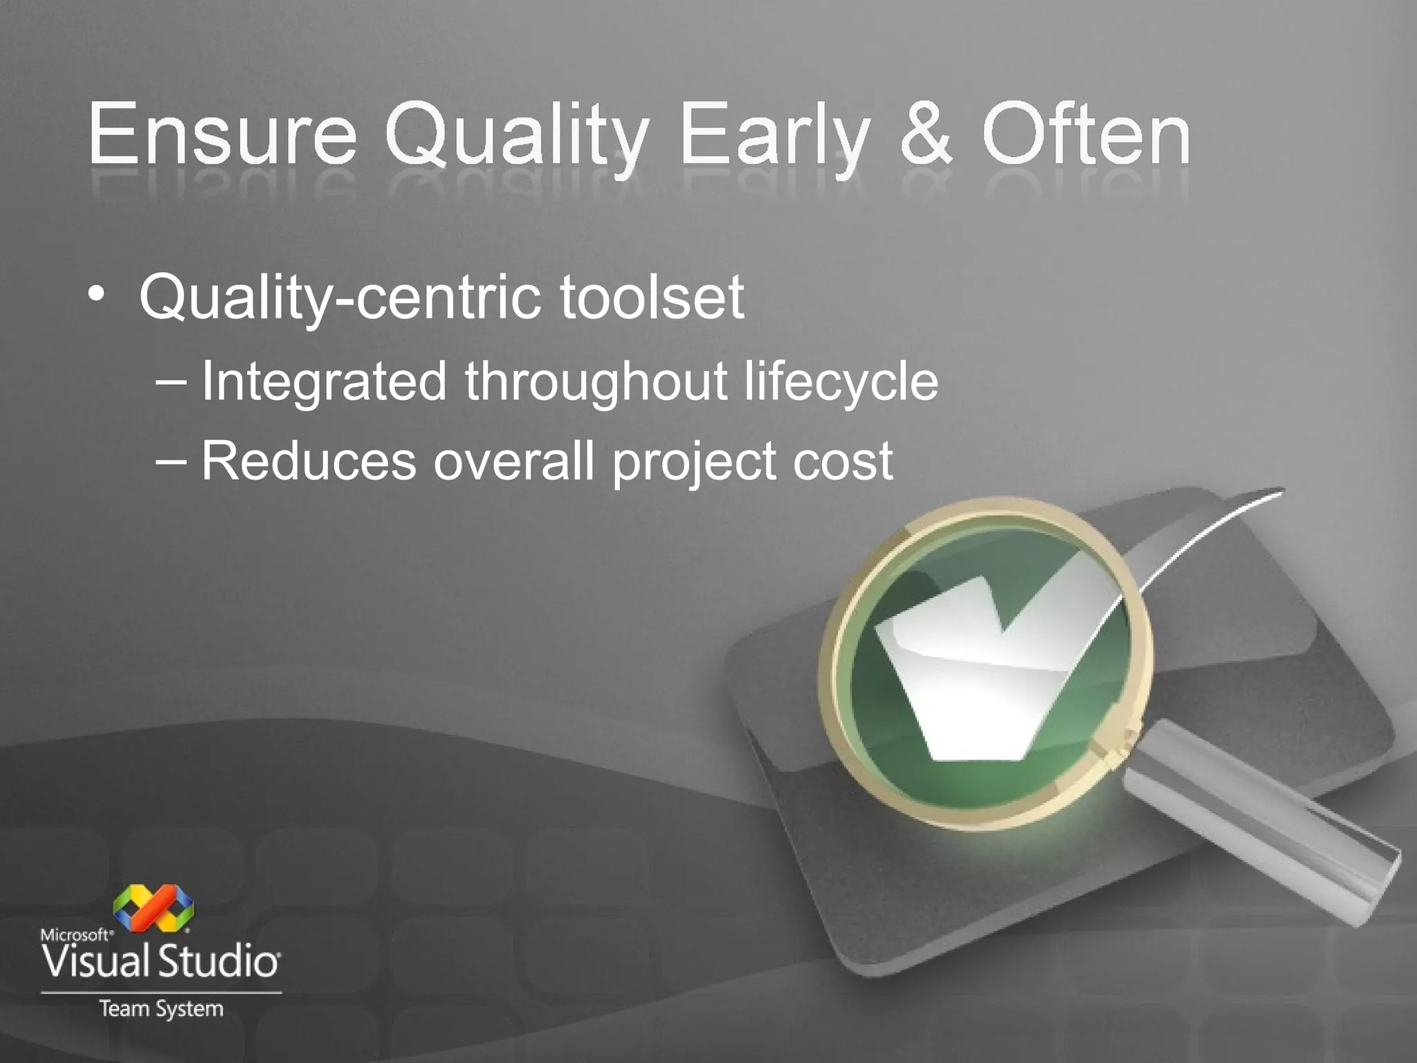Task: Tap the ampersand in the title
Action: point(926,134)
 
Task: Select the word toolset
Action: point(652,297)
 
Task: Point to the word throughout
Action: point(595,382)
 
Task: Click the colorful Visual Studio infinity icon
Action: point(153,907)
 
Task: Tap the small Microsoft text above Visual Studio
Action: point(76,935)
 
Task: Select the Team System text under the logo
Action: point(161,1009)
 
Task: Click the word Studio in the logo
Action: point(219,962)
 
